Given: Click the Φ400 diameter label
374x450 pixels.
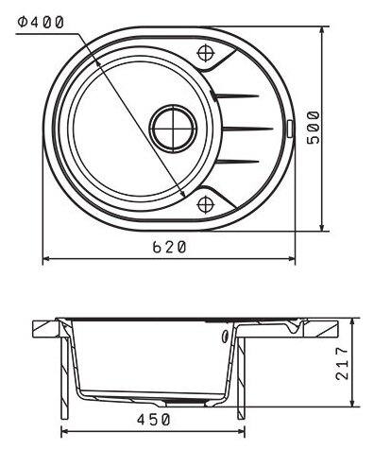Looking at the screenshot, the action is point(41,23).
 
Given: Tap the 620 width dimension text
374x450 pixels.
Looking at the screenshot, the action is point(169,247).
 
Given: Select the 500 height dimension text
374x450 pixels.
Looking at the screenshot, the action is point(314,128).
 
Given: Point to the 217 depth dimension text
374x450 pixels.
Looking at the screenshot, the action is point(342,363).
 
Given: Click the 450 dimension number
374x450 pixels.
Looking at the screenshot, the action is point(153,420).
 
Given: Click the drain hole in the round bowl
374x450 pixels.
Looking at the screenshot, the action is point(173,129).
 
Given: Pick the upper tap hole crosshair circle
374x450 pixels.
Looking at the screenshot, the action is point(206,53).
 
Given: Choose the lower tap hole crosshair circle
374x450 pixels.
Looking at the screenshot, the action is point(206,204).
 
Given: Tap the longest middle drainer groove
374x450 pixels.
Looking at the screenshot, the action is point(247,129).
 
